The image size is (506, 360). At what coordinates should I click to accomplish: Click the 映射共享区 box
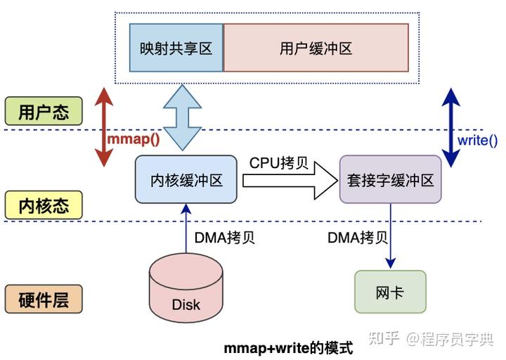pos(176,48)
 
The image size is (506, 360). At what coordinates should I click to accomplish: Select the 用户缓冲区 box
pos(316,48)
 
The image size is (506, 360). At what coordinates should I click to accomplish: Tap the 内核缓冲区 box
pos(186,180)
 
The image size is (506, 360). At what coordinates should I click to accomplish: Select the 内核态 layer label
pos(43,205)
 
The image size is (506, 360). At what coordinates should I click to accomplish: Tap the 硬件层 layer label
pos(43,300)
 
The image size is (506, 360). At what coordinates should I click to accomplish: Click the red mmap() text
pos(133,139)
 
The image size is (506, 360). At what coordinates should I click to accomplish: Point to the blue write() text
pos(477,140)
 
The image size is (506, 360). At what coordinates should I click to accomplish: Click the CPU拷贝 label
pos(278,162)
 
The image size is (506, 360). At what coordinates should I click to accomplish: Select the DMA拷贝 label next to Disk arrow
pos(224,237)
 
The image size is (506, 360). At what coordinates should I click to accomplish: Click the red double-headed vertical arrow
pos(103,127)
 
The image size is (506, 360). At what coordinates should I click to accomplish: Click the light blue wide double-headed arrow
pos(182,117)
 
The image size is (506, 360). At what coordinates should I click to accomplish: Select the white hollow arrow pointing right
pos(289,181)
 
